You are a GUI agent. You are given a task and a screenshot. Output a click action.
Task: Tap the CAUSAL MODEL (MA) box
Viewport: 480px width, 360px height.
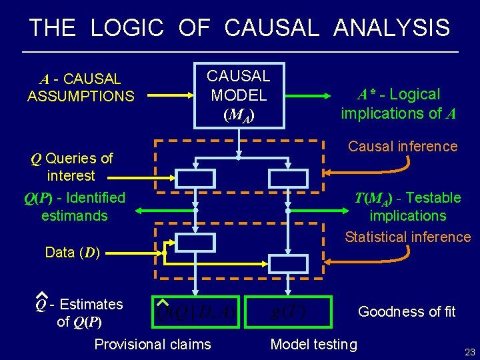click(238, 95)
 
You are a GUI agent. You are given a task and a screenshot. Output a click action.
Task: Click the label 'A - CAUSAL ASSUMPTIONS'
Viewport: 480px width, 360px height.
click(80, 88)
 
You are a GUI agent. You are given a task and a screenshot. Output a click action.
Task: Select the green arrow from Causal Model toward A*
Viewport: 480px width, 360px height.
click(311, 96)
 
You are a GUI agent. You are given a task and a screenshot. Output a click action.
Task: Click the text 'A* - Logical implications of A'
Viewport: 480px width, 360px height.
click(398, 104)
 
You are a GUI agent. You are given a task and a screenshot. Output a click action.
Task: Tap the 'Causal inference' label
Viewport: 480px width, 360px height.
click(403, 146)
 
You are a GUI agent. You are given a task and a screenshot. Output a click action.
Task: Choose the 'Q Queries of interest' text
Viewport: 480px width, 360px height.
click(71, 167)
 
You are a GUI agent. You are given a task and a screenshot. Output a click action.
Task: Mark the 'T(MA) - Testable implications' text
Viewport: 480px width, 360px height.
click(407, 207)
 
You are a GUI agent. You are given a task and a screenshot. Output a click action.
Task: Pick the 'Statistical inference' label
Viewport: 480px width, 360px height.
click(407, 237)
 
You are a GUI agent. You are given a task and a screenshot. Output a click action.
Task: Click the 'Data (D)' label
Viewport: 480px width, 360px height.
click(72, 253)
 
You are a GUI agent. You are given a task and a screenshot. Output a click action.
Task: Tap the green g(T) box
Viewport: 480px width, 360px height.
click(288, 311)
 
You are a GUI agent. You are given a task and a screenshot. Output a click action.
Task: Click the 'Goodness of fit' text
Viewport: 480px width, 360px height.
click(407, 311)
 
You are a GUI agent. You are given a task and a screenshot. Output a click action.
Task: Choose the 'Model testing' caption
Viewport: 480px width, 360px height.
click(313, 344)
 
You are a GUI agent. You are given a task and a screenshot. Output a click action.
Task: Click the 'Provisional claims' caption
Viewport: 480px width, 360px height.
click(153, 344)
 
